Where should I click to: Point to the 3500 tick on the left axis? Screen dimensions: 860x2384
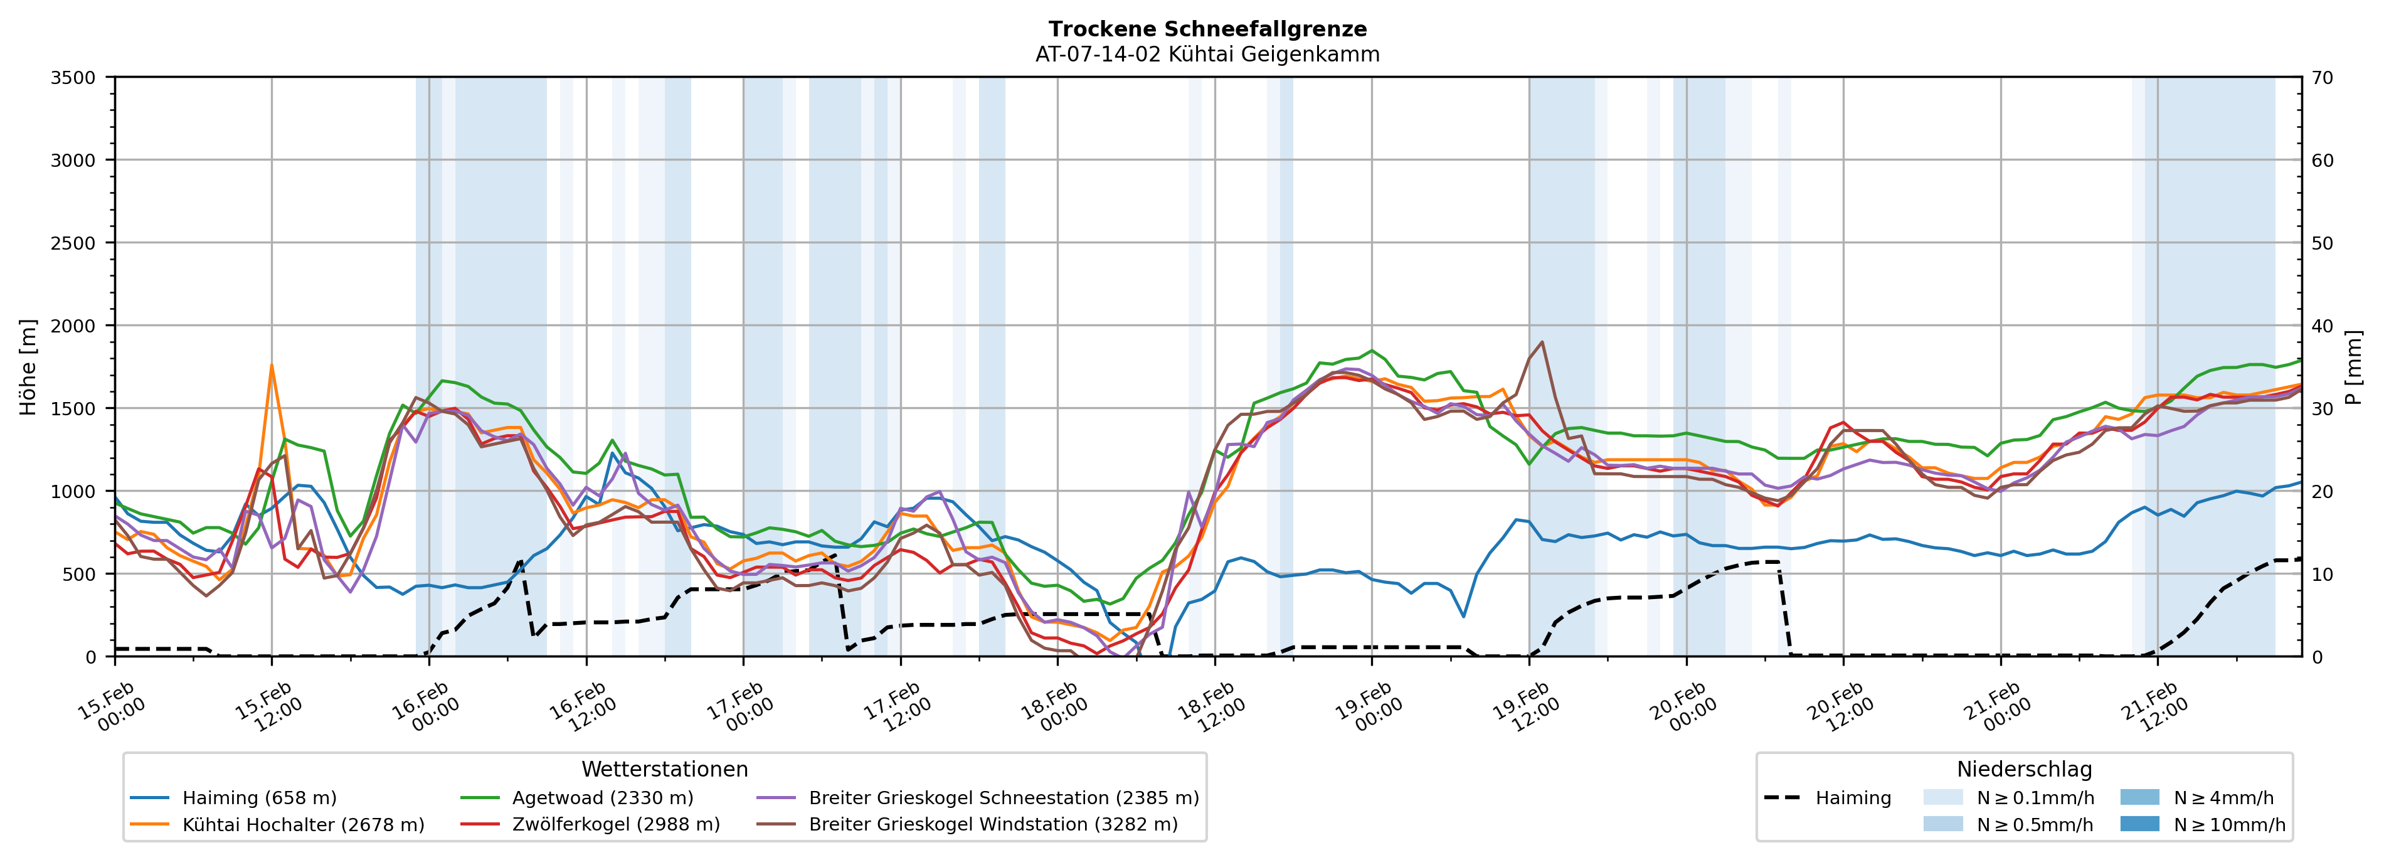(72, 78)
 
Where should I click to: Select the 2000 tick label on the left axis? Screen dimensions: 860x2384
(72, 326)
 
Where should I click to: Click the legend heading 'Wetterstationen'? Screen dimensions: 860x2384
(664, 769)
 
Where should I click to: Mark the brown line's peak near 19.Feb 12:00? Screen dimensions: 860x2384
(1541, 342)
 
